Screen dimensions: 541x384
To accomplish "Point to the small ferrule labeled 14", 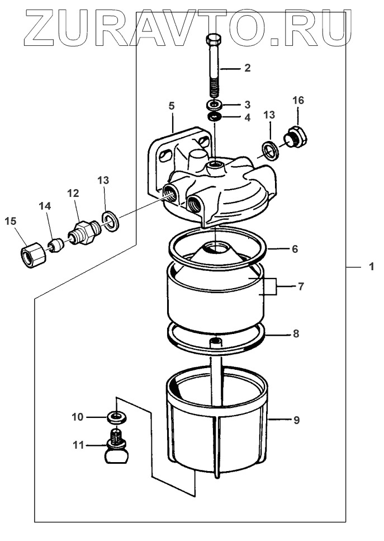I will pyautogui.click(x=54, y=244).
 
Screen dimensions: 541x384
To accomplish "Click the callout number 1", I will pyautogui.click(x=370, y=267).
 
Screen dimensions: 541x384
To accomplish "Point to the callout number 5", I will pyautogui.click(x=172, y=105).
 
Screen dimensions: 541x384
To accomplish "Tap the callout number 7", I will pyautogui.click(x=300, y=286).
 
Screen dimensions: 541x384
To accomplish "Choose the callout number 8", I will pyautogui.click(x=296, y=334).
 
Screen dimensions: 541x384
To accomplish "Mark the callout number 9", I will pyautogui.click(x=296, y=420).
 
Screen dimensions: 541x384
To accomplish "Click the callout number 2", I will pyautogui.click(x=246, y=68).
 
